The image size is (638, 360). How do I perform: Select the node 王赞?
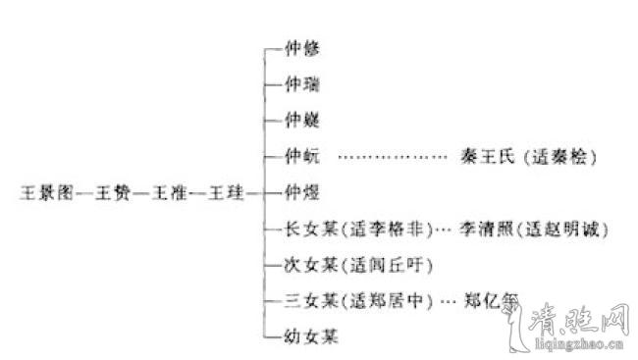tap(111, 193)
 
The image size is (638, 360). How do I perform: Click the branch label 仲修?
tap(299, 46)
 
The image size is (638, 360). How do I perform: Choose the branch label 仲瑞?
tap(299, 84)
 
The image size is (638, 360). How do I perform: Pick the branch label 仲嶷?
tap(299, 121)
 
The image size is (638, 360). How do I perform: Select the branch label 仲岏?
tap(299, 157)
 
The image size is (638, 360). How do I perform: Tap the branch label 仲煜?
tap(299, 193)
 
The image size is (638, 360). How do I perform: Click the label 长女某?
tap(305, 230)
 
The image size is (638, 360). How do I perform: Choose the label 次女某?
tap(305, 266)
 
